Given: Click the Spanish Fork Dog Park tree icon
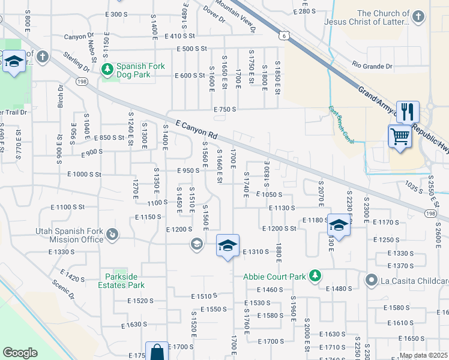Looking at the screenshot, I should pos(107,70).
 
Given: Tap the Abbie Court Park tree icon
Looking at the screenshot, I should pos(314,277).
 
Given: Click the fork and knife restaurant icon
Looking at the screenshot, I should pos(408,111).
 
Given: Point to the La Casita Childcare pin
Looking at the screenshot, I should pos(372,280).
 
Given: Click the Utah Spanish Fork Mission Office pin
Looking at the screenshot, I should pos(112,233).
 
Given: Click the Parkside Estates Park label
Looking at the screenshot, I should pos(122,281).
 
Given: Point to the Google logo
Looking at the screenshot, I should pos(20,353).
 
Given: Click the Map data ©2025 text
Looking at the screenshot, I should pos(424,355).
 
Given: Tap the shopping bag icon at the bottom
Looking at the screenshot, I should pos(157,352).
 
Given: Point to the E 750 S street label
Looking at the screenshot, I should pos(224,109).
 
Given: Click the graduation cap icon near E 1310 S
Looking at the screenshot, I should pos(228,245).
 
